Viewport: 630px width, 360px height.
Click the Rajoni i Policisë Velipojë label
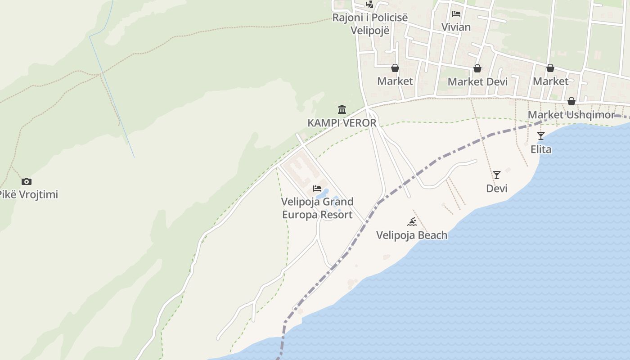pos(370,24)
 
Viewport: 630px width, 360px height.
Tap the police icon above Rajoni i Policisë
pos(369,4)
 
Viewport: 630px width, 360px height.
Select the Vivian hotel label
pos(456,27)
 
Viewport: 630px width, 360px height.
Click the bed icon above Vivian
pos(456,13)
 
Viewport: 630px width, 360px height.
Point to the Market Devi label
pos(477,82)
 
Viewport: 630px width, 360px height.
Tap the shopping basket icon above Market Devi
pos(477,68)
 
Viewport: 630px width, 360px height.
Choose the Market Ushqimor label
pos(571,115)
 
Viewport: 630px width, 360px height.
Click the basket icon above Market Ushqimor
pos(571,101)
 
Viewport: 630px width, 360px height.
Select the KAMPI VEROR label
pos(342,123)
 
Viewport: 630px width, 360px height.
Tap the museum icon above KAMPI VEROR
pos(342,109)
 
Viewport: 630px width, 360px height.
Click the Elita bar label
pos(541,149)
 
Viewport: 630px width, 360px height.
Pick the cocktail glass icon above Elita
pos(541,135)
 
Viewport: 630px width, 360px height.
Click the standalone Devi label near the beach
pos(497,188)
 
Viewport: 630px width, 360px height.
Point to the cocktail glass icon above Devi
pos(497,175)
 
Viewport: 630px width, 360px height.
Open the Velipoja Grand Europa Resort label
pos(317,208)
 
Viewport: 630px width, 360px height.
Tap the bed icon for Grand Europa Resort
pos(317,188)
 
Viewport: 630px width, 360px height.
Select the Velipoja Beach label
pos(412,235)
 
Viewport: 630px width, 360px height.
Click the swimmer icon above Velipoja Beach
pos(412,221)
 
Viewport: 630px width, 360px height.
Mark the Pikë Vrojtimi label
pos(28,195)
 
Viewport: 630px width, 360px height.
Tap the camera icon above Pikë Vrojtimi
pos(27,181)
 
